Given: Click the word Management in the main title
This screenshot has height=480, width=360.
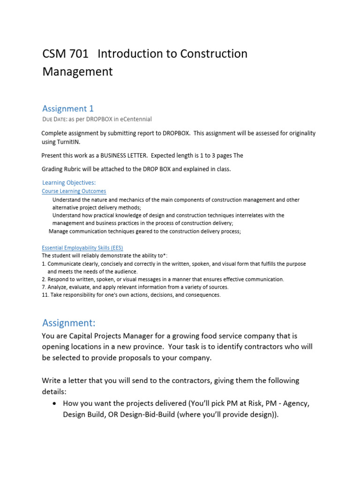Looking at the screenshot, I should point(77,72).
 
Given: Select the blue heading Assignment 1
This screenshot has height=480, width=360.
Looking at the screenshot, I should point(68,109).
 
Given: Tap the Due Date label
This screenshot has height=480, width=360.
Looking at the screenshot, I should point(54,119).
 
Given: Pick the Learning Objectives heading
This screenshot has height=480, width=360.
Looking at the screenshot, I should point(69,183).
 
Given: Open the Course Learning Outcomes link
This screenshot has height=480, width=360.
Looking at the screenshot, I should point(74,191).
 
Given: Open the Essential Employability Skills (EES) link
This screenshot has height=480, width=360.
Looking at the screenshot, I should point(82,248).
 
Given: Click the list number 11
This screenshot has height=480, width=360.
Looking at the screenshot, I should point(45,295).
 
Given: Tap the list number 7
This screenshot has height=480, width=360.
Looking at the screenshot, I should point(44,287).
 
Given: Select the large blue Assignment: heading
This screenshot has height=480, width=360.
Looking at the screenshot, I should point(69,323).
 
